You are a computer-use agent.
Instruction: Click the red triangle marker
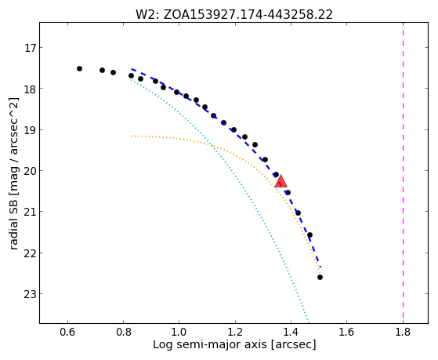281,181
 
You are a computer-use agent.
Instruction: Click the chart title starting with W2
234,14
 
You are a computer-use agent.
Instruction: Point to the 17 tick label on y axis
31,48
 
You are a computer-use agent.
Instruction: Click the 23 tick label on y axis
31,293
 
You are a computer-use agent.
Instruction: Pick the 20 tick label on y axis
31,171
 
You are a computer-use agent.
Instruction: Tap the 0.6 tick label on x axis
67,332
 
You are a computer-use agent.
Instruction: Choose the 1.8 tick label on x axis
403,332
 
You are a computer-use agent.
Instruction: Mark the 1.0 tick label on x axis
179,332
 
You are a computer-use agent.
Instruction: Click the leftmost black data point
79,68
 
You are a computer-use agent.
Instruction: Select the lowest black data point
320,277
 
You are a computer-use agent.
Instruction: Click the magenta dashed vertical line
403,173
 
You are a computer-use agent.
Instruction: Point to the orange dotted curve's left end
132,136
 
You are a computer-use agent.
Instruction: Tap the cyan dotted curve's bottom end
309,322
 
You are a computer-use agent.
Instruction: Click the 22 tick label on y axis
31,253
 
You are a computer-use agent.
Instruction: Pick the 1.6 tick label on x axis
347,332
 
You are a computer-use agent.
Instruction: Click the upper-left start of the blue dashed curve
132,68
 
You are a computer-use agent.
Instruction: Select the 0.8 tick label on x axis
124,332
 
